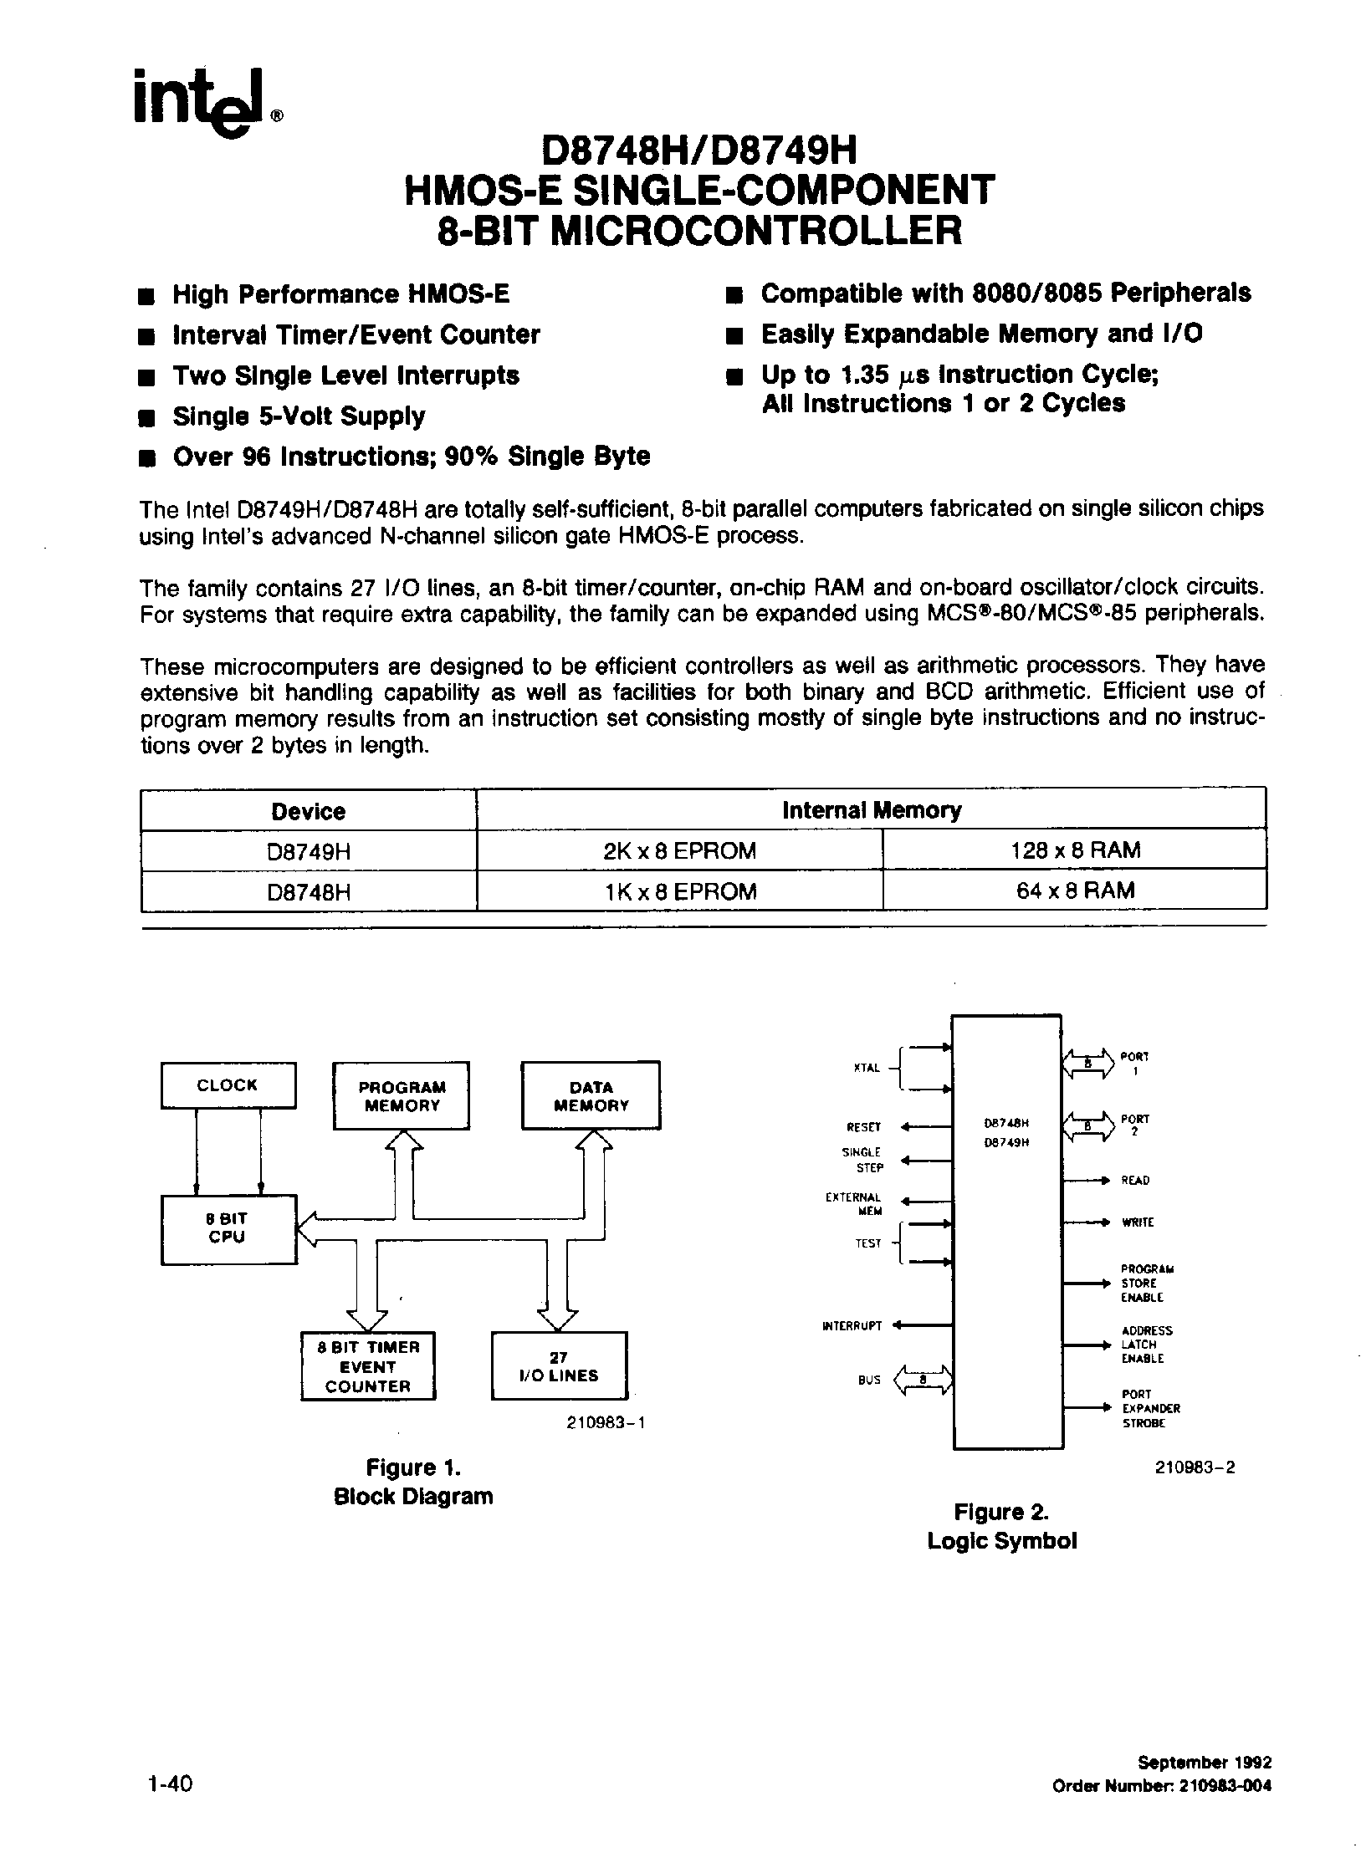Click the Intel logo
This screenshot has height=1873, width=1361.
[204, 101]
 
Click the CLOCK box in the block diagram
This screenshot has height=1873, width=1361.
[228, 1085]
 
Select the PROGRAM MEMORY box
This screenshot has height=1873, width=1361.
[402, 1096]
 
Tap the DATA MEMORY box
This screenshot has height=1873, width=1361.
[591, 1096]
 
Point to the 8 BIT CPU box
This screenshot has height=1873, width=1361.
[228, 1228]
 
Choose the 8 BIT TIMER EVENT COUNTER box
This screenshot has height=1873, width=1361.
[368, 1366]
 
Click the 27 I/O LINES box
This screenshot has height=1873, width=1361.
[559, 1366]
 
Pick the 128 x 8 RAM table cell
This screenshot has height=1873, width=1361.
[1075, 850]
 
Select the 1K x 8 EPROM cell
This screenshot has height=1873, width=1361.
[679, 891]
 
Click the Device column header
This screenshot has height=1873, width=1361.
[308, 811]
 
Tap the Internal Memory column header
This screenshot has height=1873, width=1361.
[871, 810]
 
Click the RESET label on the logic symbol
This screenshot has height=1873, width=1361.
[864, 1127]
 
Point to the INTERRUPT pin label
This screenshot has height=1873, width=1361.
[852, 1325]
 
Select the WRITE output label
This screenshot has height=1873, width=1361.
[1138, 1222]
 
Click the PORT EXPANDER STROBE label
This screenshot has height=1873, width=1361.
[1150, 1409]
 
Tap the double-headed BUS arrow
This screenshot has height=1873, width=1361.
[924, 1381]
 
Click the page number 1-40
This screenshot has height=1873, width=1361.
[169, 1782]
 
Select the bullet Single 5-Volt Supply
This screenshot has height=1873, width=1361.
[298, 416]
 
